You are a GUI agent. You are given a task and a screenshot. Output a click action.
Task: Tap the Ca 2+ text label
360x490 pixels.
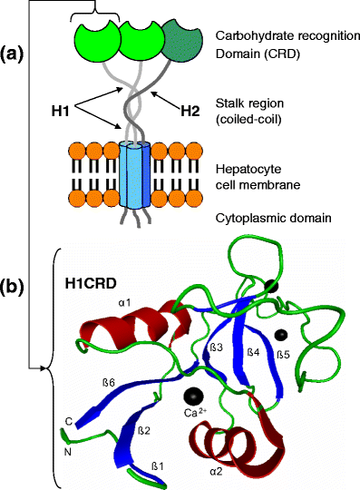(x=196, y=415)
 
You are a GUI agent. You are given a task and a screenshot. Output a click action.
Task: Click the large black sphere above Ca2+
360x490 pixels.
(x=192, y=395)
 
